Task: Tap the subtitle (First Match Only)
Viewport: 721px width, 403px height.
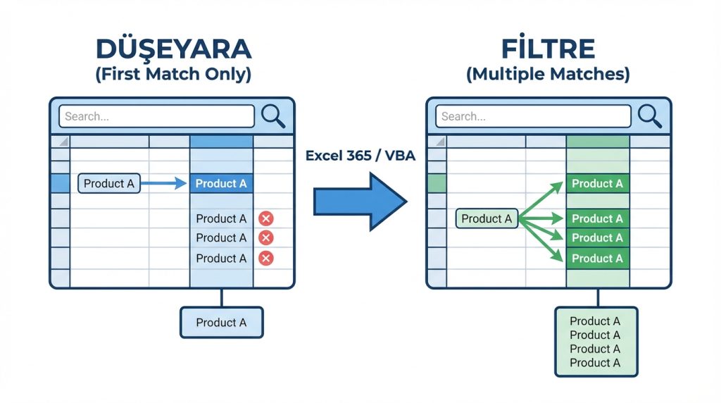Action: [x=173, y=74]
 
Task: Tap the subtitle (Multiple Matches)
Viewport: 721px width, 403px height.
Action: [x=548, y=74]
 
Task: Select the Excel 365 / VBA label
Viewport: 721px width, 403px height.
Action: [x=360, y=156]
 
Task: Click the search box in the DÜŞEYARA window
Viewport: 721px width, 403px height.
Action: [x=156, y=116]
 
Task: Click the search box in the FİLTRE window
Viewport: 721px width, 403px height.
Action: [x=533, y=116]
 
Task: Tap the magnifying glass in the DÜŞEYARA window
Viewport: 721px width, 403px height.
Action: [x=273, y=116]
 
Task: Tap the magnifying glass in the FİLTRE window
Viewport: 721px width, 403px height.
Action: [x=649, y=116]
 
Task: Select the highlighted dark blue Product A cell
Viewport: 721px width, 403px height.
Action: [x=221, y=184]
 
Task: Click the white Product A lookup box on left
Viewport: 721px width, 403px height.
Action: [x=108, y=184]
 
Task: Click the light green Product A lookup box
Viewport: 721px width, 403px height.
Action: [x=487, y=219]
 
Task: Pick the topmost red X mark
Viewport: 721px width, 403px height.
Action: [x=266, y=218]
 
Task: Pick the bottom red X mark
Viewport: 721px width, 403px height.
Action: [x=266, y=259]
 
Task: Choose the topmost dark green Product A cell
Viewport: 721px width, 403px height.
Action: [x=597, y=184]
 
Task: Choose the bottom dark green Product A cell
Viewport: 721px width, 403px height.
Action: [x=597, y=259]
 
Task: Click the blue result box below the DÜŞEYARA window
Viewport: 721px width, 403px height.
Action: [x=221, y=323]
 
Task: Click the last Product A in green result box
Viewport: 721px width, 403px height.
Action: [x=595, y=363]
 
